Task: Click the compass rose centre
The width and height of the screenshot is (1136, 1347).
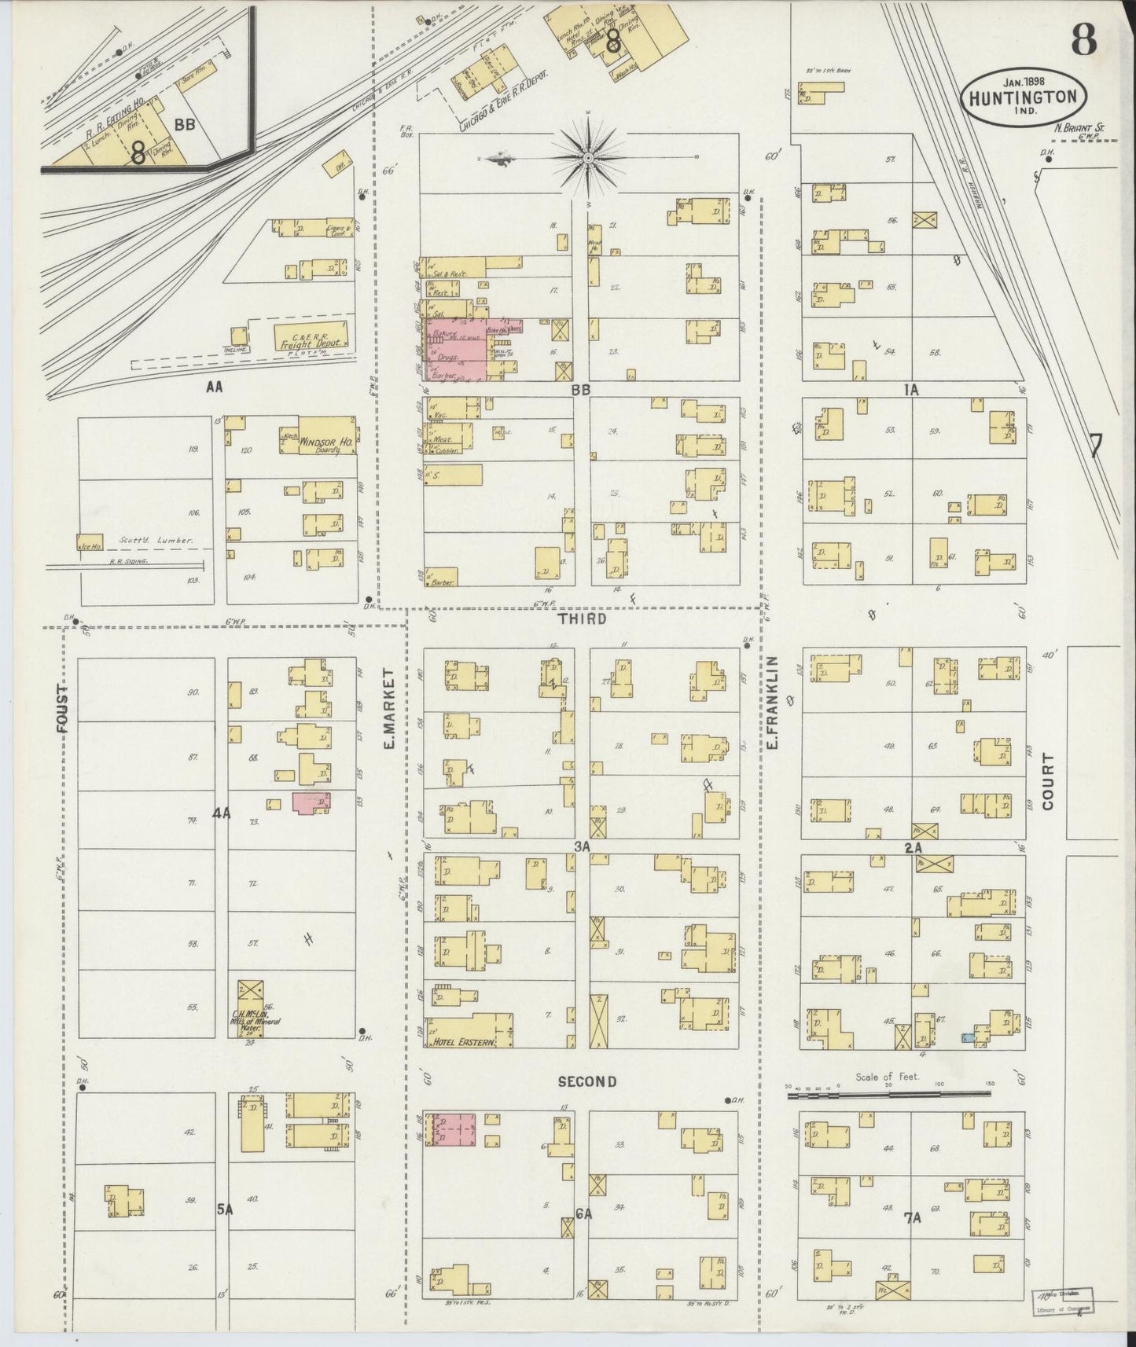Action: [588, 158]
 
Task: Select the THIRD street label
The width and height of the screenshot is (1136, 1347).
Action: [582, 619]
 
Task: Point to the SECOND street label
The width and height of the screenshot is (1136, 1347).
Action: [586, 1081]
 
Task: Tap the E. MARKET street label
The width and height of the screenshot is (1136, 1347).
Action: [389, 708]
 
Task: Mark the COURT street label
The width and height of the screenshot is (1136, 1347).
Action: [1047, 781]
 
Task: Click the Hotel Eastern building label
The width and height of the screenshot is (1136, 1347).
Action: [462, 1042]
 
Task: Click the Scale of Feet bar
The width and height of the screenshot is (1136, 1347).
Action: [888, 1092]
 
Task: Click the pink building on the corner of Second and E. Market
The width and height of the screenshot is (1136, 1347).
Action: [452, 1133]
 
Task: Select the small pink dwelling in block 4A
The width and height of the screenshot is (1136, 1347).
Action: [312, 803]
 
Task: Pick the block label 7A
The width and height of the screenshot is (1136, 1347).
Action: [912, 1219]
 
